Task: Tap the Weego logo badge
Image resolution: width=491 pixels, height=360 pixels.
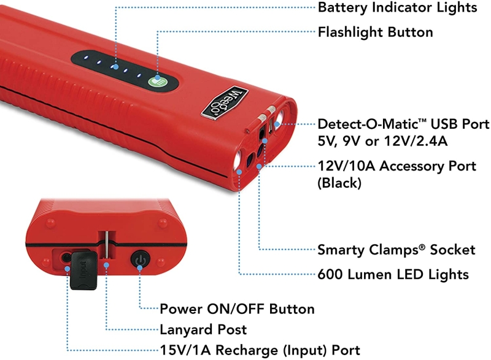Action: click(x=225, y=102)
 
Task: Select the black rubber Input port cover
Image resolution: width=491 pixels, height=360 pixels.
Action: click(x=83, y=270)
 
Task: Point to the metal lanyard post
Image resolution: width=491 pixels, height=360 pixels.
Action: click(x=106, y=245)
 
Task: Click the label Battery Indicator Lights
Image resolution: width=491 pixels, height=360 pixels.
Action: click(x=397, y=8)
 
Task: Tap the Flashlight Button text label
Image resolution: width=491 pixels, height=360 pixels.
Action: click(x=375, y=32)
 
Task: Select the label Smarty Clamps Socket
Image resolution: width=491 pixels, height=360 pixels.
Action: click(x=396, y=250)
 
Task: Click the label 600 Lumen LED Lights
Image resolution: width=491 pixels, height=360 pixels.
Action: click(x=393, y=274)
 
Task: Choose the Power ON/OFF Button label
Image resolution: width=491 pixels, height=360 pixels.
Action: click(x=237, y=308)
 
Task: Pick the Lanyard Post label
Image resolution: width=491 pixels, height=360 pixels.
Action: click(x=203, y=329)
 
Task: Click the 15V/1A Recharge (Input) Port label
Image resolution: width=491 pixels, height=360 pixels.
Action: click(x=260, y=350)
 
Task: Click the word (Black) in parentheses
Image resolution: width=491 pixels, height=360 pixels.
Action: click(x=339, y=183)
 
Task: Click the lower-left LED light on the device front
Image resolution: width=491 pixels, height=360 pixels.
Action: click(x=237, y=159)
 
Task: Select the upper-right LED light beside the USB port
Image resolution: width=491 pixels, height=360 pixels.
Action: click(x=279, y=120)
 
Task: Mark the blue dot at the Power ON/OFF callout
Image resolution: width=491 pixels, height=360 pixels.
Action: click(x=140, y=267)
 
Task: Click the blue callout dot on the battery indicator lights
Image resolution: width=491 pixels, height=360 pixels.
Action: click(x=116, y=67)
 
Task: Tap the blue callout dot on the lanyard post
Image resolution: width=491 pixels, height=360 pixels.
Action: click(x=106, y=265)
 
